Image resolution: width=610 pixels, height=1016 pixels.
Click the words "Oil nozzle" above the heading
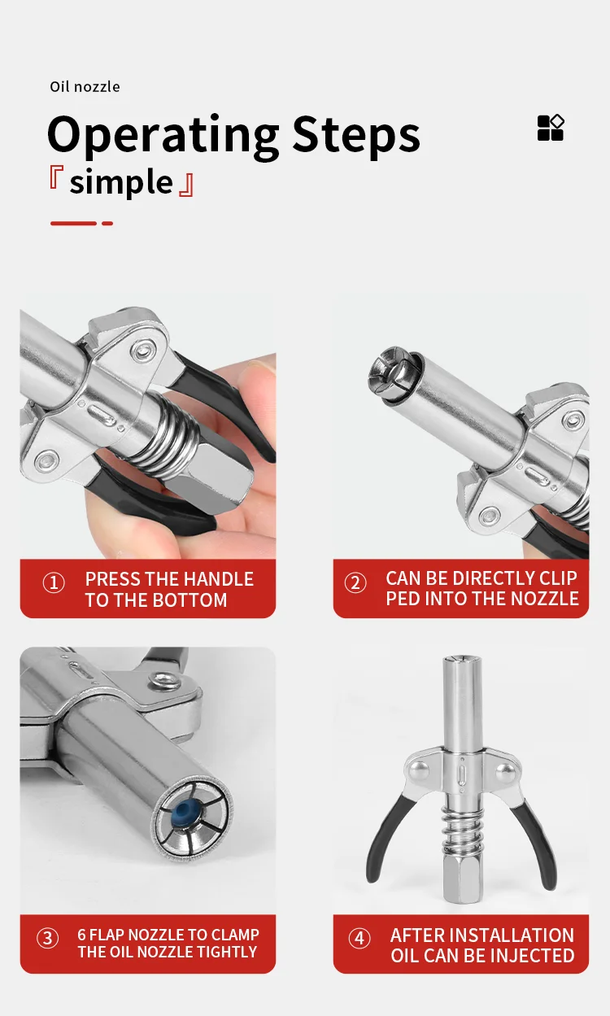[85, 87]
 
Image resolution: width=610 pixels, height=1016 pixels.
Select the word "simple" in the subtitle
[121, 182]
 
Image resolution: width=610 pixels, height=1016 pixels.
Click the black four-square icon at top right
[551, 128]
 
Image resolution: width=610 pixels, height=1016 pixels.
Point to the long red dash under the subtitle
[73, 223]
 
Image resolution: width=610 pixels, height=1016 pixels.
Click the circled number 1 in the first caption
[54, 583]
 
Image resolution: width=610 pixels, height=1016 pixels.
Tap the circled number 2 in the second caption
[355, 583]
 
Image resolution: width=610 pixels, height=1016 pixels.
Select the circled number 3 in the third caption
[48, 938]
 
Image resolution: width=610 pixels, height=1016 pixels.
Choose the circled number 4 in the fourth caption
[359, 938]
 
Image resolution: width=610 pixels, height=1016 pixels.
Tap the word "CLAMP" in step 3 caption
[235, 935]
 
